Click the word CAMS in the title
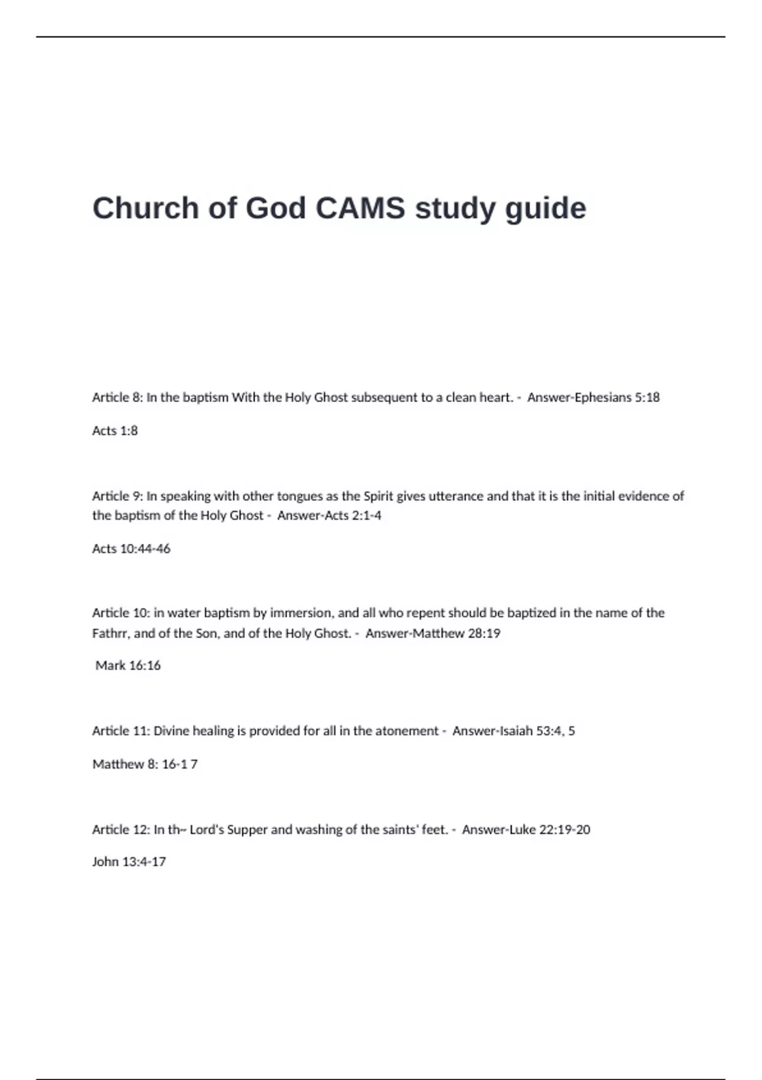[360, 208]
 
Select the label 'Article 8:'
[117, 397]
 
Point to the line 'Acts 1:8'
[115, 430]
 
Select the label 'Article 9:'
[117, 496]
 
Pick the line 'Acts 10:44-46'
[131, 548]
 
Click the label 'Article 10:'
[121, 612]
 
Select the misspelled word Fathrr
[110, 633]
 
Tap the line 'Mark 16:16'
[128, 665]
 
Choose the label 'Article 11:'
[121, 731]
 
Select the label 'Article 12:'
[121, 829]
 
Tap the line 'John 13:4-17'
[129, 861]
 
